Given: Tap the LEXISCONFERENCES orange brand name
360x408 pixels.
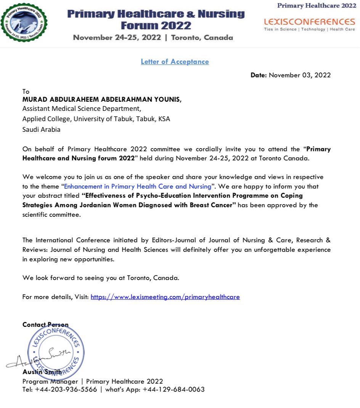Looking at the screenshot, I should click(309, 21).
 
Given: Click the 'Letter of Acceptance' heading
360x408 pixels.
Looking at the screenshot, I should click(175, 62).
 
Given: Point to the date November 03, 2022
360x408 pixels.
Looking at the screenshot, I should click(300, 75).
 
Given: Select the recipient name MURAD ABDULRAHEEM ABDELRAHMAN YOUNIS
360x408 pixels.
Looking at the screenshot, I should click(102, 100).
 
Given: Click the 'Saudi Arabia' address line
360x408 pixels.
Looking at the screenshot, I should click(41, 129).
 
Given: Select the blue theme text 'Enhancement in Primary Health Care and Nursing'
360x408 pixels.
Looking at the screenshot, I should click(137, 187).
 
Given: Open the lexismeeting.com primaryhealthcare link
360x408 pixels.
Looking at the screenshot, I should click(165, 297).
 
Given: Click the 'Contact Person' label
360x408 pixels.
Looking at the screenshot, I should click(45, 325).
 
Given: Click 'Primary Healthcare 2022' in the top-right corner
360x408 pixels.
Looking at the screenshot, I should click(317, 5).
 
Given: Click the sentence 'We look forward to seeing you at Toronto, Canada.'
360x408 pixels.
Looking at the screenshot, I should click(101, 278).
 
